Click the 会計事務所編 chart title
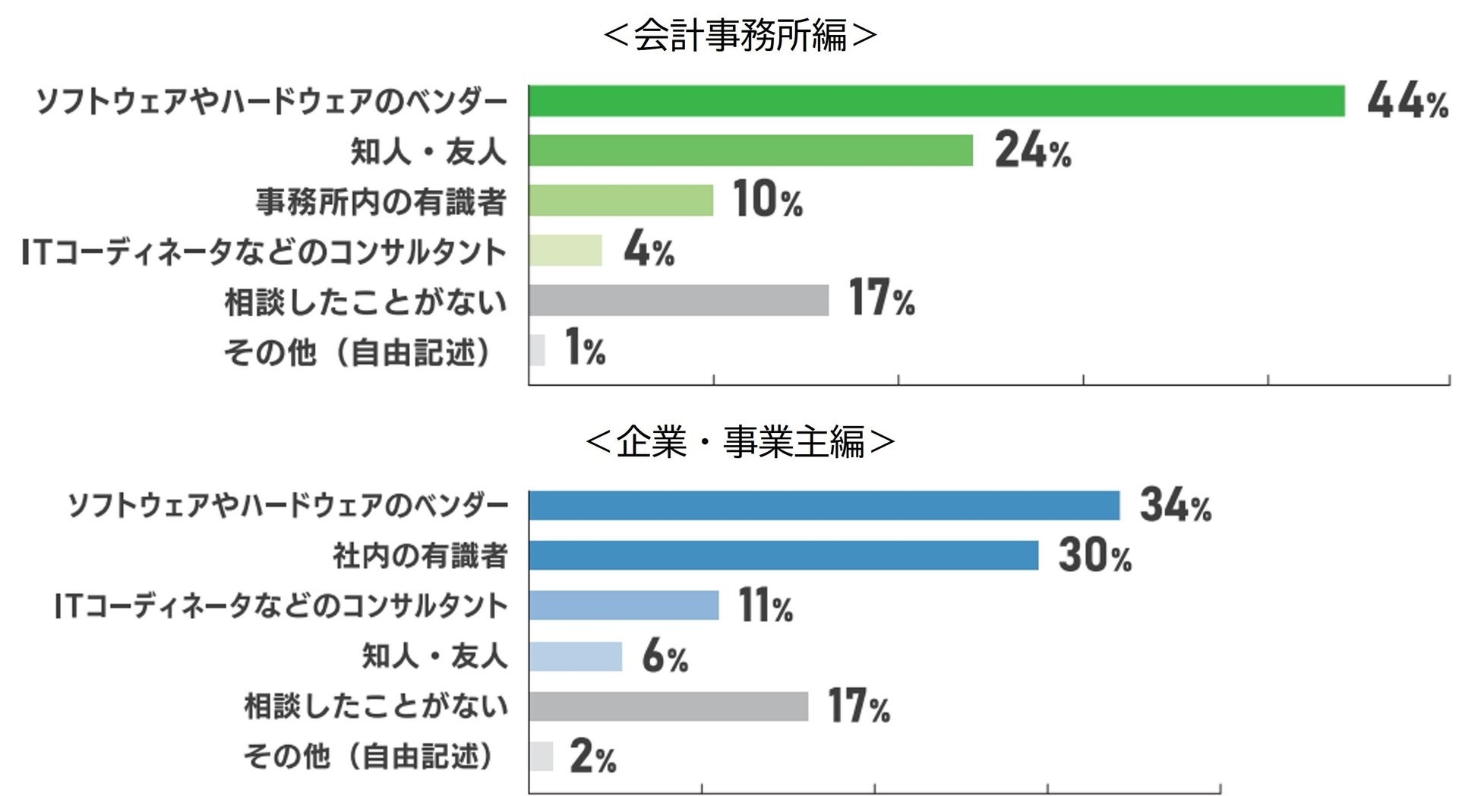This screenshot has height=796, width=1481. (x=740, y=35)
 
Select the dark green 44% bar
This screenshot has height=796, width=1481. (x=936, y=101)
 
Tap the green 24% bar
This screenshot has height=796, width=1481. (x=750, y=150)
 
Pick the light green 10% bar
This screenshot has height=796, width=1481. (x=621, y=201)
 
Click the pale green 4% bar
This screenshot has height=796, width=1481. (x=565, y=251)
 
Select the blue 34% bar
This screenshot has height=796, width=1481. (x=824, y=506)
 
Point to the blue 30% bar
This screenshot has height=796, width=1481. (x=783, y=555)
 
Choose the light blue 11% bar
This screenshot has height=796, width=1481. (x=624, y=605)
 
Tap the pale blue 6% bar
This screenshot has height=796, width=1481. (x=575, y=656)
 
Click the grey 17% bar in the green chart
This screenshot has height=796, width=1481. (x=678, y=300)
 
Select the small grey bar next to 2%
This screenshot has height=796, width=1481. (x=541, y=756)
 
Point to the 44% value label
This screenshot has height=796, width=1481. (x=1407, y=101)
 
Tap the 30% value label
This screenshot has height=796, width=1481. (x=1094, y=555)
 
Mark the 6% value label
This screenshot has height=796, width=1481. (x=665, y=656)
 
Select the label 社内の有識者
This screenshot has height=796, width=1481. (x=419, y=556)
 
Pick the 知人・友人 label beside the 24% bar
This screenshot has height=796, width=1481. (x=428, y=151)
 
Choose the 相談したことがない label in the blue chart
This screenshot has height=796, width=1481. (x=375, y=706)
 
